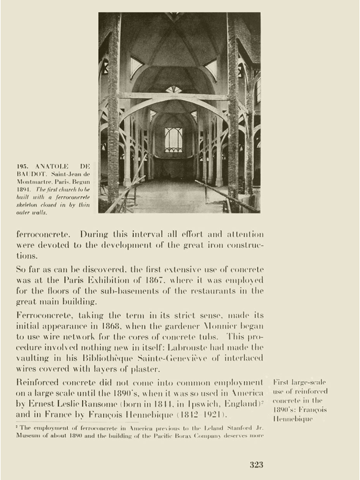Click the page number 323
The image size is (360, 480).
256,465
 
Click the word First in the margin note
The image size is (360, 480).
281,382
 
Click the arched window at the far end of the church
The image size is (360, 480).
174,139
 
